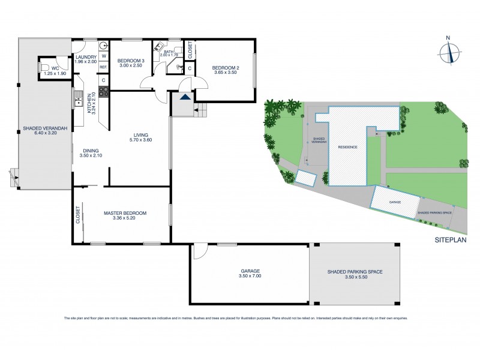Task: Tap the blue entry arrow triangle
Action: (185, 95)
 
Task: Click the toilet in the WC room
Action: (44, 68)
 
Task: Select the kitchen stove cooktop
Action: (103, 92)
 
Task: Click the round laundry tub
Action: (103, 44)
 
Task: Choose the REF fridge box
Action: (103, 67)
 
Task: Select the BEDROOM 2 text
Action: (226, 68)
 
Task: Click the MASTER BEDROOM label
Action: (125, 213)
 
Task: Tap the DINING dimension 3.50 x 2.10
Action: (91, 156)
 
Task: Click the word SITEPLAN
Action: (450, 239)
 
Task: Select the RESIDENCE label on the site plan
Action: (347, 147)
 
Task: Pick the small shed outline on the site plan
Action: (306, 178)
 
